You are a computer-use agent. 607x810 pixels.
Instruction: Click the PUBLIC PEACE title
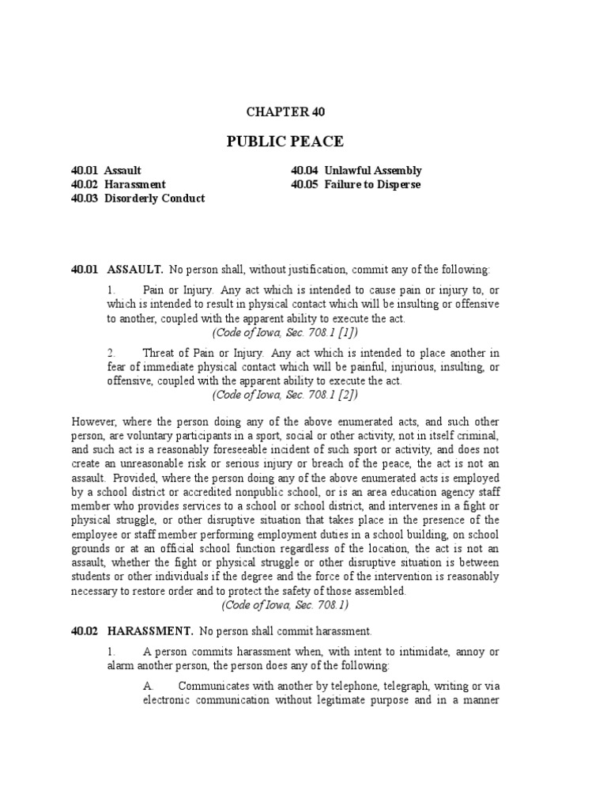[x=285, y=142]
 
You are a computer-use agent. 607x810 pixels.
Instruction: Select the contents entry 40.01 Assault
[x=107, y=170]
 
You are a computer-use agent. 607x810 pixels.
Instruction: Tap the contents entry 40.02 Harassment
[x=119, y=184]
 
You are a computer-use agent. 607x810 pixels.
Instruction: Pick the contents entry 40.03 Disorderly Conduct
[x=138, y=199]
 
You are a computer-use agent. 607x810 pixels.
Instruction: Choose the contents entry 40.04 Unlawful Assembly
[x=356, y=170]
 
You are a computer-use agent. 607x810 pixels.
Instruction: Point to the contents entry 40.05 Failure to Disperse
[x=356, y=184]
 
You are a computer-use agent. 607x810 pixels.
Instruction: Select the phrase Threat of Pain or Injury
[x=202, y=352]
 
